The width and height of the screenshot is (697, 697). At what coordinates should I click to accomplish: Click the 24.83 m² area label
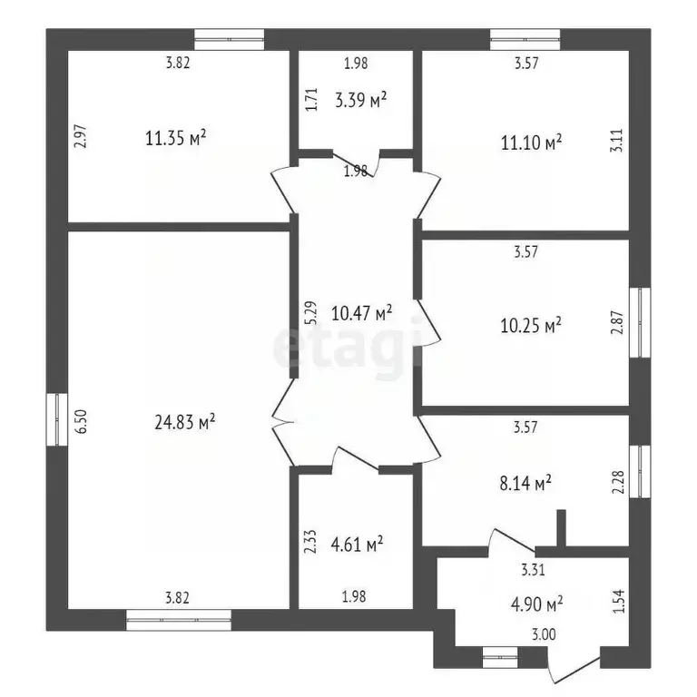[x=185, y=421]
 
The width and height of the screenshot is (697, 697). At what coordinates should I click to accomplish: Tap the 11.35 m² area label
[x=175, y=138]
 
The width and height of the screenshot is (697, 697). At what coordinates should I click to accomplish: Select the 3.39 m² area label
[x=360, y=100]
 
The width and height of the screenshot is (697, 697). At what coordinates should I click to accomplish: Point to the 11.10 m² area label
[x=531, y=142]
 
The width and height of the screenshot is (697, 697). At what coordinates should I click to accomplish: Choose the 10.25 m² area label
[x=531, y=325]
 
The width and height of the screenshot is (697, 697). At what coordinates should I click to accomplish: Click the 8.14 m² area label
[x=525, y=483]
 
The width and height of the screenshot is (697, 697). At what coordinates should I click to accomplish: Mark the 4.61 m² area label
[x=358, y=544]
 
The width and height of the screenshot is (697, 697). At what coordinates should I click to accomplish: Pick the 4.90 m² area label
[x=537, y=604]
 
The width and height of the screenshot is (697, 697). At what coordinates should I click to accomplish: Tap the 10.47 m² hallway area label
[x=361, y=313]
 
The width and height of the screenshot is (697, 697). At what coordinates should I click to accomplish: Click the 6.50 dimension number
[x=83, y=421]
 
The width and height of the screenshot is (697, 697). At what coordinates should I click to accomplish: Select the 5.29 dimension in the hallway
[x=311, y=313]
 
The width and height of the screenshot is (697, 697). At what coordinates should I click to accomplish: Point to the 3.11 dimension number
[x=617, y=141]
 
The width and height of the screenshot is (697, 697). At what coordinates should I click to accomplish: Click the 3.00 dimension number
[x=545, y=634]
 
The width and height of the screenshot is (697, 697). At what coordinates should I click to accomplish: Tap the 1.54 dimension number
[x=618, y=601]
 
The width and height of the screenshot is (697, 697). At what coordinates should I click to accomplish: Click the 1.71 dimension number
[x=312, y=99]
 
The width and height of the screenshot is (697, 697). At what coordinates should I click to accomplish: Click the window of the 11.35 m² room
[x=230, y=40]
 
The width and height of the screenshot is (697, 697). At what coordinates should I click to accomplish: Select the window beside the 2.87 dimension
[x=640, y=322]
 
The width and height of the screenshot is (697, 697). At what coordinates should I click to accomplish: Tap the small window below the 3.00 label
[x=500, y=657]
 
